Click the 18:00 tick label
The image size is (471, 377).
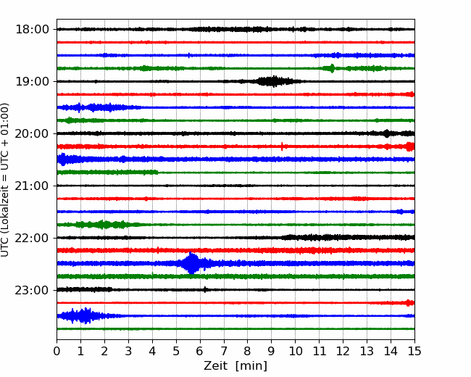click(32, 30)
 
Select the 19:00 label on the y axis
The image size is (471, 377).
click(32, 81)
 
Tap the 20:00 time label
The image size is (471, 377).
click(32, 133)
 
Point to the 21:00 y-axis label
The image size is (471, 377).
click(32, 186)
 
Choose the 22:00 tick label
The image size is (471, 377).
click(32, 238)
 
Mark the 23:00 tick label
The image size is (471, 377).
click(32, 290)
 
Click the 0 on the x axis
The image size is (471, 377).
click(57, 351)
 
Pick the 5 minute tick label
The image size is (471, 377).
click(176, 351)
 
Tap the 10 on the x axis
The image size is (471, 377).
click(295, 351)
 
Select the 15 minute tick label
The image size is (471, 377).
click(414, 351)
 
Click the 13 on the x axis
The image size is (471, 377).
click(367, 351)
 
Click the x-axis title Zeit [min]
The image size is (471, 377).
click(236, 366)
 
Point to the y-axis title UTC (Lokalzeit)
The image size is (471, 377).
click(5, 180)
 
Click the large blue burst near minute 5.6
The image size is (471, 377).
click(191, 263)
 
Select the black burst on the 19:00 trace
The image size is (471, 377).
click(272, 81)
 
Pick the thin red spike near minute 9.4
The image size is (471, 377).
click(282, 146)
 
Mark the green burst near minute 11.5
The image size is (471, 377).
click(332, 68)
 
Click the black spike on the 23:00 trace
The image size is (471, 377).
click(205, 289)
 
